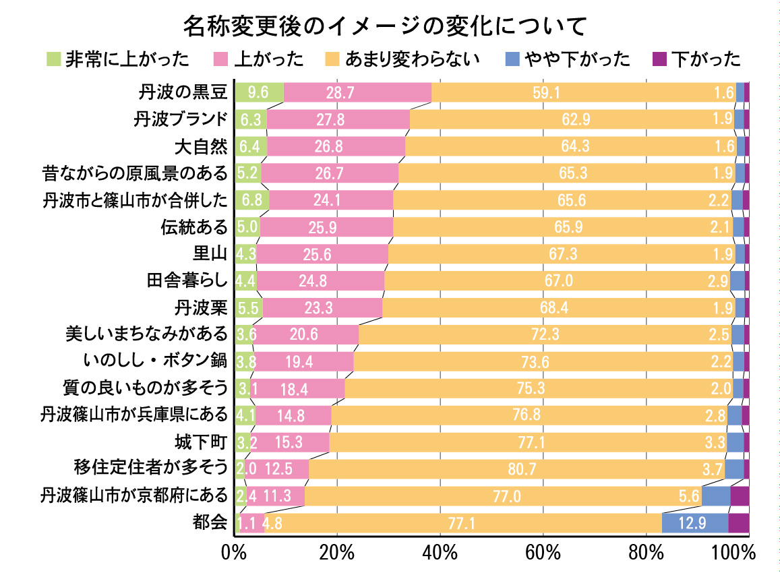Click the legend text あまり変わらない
(412, 59)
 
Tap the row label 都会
(210, 522)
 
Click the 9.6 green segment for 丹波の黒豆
(259, 92)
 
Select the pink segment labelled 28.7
(357, 92)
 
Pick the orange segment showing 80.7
(516, 469)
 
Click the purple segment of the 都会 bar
(738, 522)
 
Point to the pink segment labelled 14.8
(293, 415)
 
